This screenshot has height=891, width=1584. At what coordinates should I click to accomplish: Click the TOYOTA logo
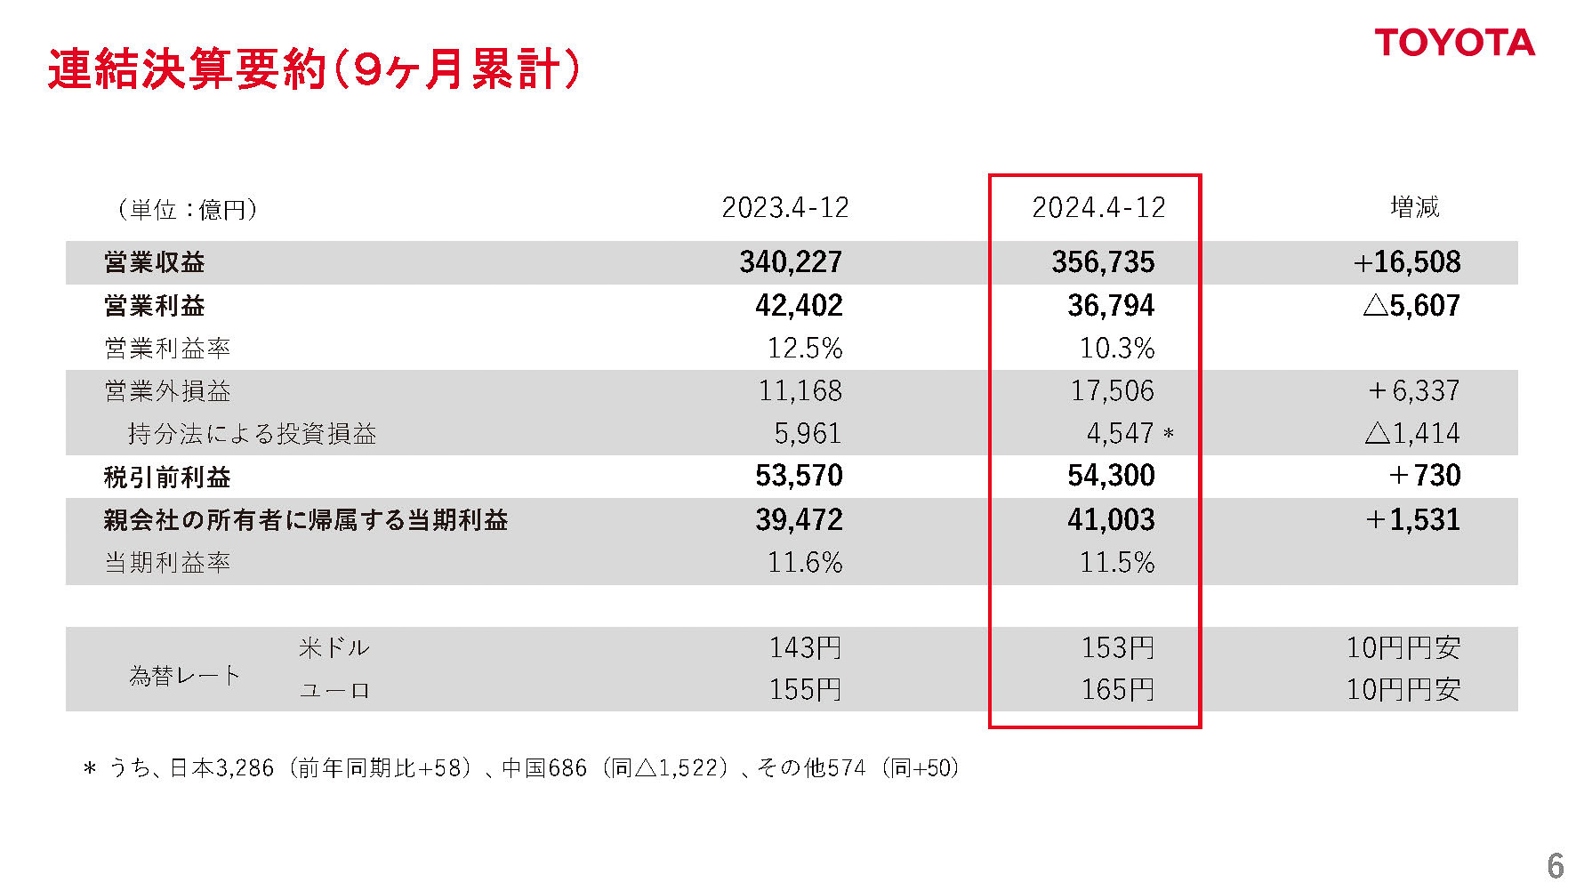coord(1454,43)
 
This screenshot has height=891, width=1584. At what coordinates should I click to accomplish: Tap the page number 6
coord(1555,865)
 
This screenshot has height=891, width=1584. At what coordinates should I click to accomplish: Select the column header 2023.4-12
coord(784,208)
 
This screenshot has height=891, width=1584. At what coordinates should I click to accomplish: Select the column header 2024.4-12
coord(1098,208)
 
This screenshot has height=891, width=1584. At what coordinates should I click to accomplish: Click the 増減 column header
coord(1414,208)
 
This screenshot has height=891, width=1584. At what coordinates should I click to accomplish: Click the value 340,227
coord(790,262)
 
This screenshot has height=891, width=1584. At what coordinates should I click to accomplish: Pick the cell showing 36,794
coord(1110,306)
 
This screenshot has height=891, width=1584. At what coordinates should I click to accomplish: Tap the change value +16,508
coord(1406,262)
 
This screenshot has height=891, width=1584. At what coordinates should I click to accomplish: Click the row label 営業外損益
coord(167,391)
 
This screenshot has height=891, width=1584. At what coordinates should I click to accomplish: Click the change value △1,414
coord(1411,434)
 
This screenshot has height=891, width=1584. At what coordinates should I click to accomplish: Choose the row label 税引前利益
coord(167,478)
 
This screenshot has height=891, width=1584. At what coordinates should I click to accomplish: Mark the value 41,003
coord(1110,520)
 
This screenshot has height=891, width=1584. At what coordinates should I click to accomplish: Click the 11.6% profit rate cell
coord(804,563)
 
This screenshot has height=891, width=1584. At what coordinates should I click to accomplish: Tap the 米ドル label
coord(334,647)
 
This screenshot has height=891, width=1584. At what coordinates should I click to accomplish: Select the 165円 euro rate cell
coord(1117,690)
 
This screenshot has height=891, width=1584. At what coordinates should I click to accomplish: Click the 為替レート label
coord(185,676)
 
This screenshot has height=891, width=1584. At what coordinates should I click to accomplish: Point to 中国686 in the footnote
coord(544,768)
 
